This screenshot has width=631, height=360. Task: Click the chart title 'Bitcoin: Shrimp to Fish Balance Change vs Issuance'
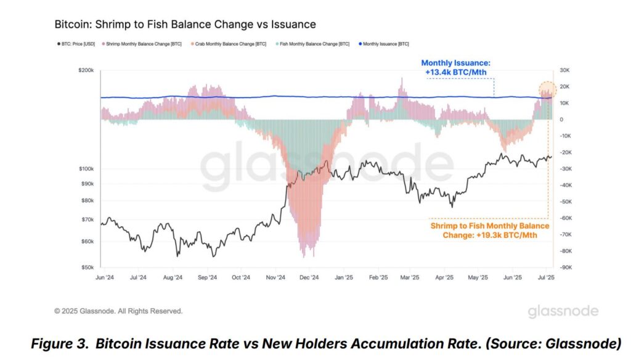[185, 25]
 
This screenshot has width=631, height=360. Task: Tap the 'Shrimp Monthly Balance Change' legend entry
[137, 44]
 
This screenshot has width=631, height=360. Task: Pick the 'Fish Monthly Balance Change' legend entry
[313, 44]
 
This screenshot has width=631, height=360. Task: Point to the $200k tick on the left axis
[85, 70]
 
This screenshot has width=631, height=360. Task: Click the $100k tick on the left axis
[85, 169]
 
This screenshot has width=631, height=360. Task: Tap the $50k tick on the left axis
[86, 268]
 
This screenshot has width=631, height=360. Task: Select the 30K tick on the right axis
[565, 70]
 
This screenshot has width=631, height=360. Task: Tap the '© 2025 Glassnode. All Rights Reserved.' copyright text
[118, 311]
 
